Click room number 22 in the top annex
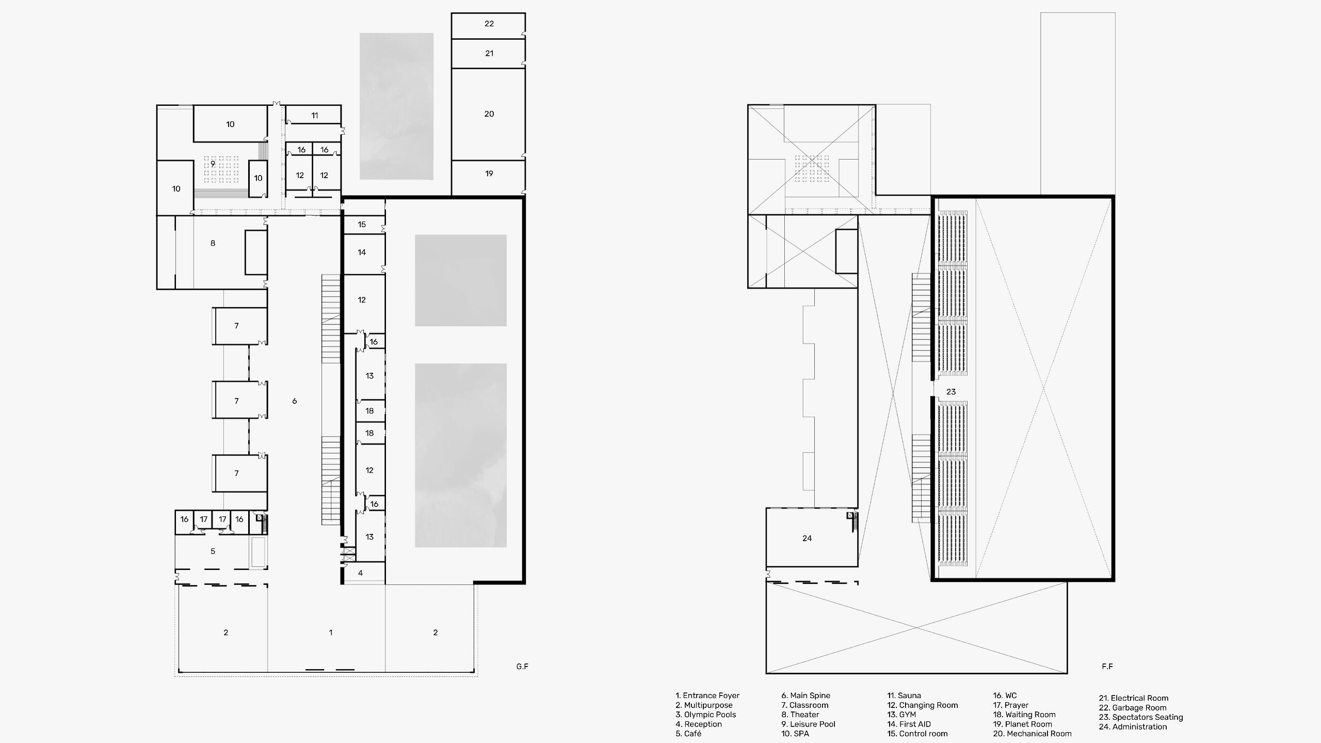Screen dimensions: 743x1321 (x=489, y=24)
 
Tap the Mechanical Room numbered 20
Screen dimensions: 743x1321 (x=489, y=114)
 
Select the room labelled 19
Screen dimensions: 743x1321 (x=489, y=174)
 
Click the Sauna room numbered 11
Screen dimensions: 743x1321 (x=314, y=116)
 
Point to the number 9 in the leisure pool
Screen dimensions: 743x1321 (x=213, y=164)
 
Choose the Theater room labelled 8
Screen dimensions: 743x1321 (x=213, y=243)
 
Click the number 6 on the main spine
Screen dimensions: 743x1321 (x=294, y=401)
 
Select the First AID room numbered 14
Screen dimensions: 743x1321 (x=362, y=252)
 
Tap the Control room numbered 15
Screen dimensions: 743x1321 (x=362, y=225)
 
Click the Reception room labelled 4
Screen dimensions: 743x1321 (x=360, y=573)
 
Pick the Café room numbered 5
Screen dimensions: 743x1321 (x=213, y=551)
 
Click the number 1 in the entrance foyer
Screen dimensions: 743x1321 (x=331, y=633)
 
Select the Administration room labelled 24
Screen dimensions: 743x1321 (x=807, y=539)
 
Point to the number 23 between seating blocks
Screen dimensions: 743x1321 (x=951, y=392)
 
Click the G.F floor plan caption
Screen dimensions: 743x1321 (x=522, y=667)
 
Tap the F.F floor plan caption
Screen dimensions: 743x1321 (x=1107, y=667)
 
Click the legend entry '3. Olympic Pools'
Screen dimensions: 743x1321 (x=705, y=715)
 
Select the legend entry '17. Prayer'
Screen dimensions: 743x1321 (x=1010, y=705)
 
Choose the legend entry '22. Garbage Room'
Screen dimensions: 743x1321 (x=1132, y=708)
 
